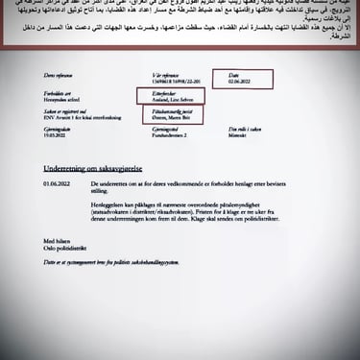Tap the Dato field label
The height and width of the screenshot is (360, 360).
click(x=233, y=75)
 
